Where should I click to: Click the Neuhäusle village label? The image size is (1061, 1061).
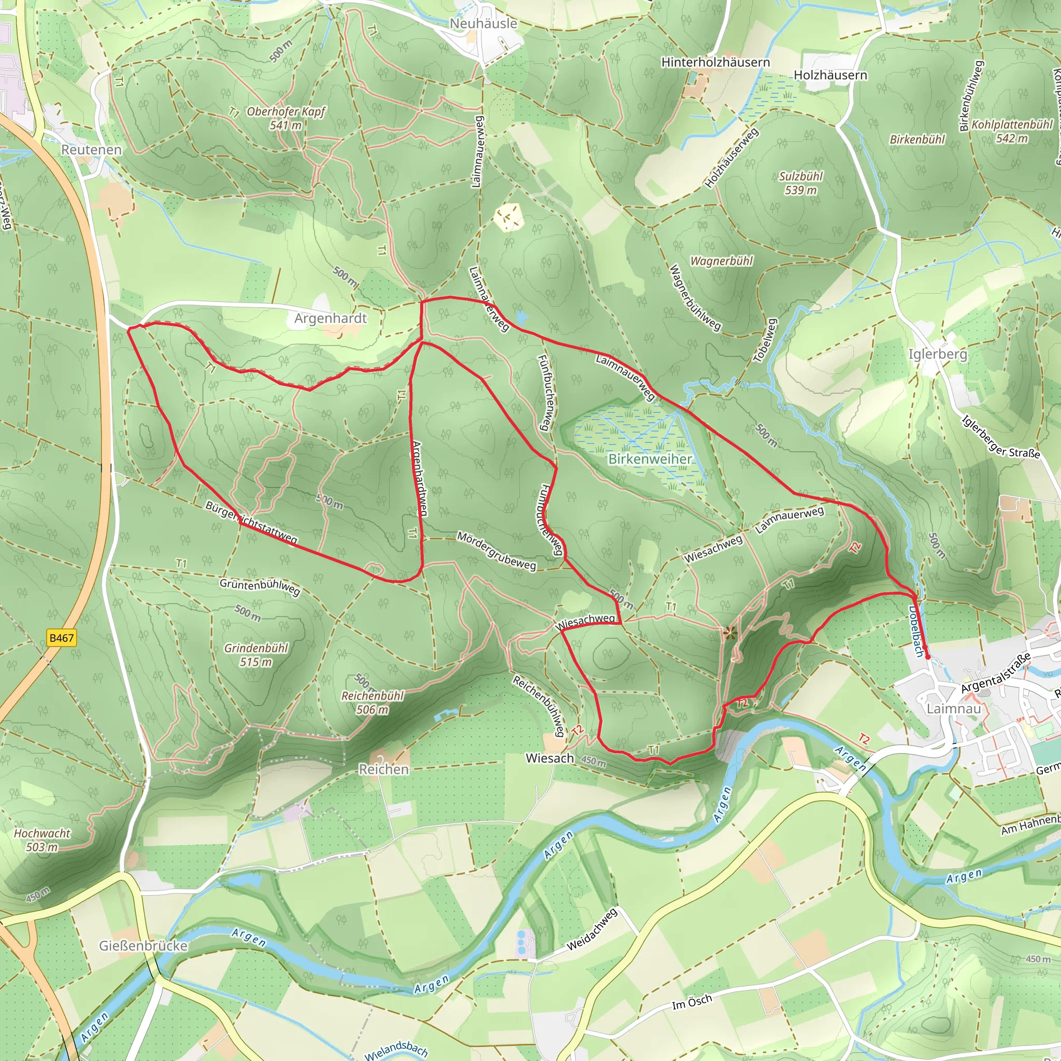[x=483, y=24]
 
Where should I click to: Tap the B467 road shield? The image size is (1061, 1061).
[x=61, y=638]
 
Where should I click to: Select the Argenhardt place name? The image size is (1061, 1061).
[x=330, y=318]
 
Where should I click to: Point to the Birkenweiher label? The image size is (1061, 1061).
[x=650, y=458]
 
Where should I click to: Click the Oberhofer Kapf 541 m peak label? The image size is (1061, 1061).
[x=285, y=118]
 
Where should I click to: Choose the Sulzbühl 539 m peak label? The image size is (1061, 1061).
[x=801, y=183]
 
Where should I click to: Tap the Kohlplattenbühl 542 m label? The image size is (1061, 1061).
[x=1012, y=131]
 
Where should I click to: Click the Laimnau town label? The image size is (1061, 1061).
[x=953, y=708]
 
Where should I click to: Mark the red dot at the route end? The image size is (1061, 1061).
[x=927, y=656]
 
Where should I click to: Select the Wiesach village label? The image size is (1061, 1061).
[x=550, y=758]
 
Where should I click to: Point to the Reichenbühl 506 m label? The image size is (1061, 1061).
[x=372, y=702]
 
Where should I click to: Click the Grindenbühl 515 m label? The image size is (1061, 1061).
[x=256, y=655]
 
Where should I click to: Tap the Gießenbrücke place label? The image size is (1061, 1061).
[x=144, y=945]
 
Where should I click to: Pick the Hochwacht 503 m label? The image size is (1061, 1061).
[x=42, y=840]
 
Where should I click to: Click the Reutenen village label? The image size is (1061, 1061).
[x=91, y=149]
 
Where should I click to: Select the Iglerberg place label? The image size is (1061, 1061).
[x=937, y=354]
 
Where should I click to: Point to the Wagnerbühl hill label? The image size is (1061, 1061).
[x=721, y=261]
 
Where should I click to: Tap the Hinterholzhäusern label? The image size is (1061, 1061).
[x=715, y=62]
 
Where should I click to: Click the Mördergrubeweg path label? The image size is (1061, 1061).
[x=496, y=551]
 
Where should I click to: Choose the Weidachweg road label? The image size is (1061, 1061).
[x=592, y=930]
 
